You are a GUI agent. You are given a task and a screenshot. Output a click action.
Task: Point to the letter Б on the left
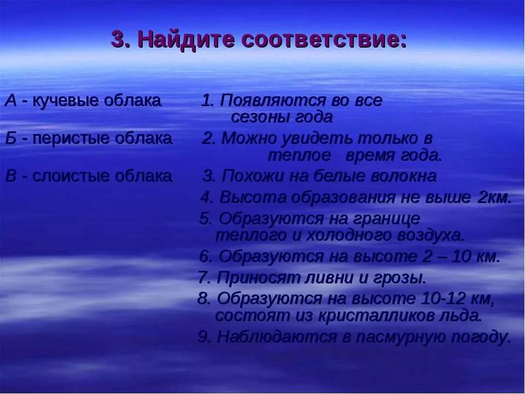click(x=11, y=138)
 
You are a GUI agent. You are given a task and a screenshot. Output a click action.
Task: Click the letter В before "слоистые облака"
click(x=11, y=176)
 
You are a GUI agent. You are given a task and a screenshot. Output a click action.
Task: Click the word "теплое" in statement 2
click(x=299, y=155)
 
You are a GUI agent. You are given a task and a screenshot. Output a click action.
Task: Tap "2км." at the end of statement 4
click(x=494, y=197)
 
